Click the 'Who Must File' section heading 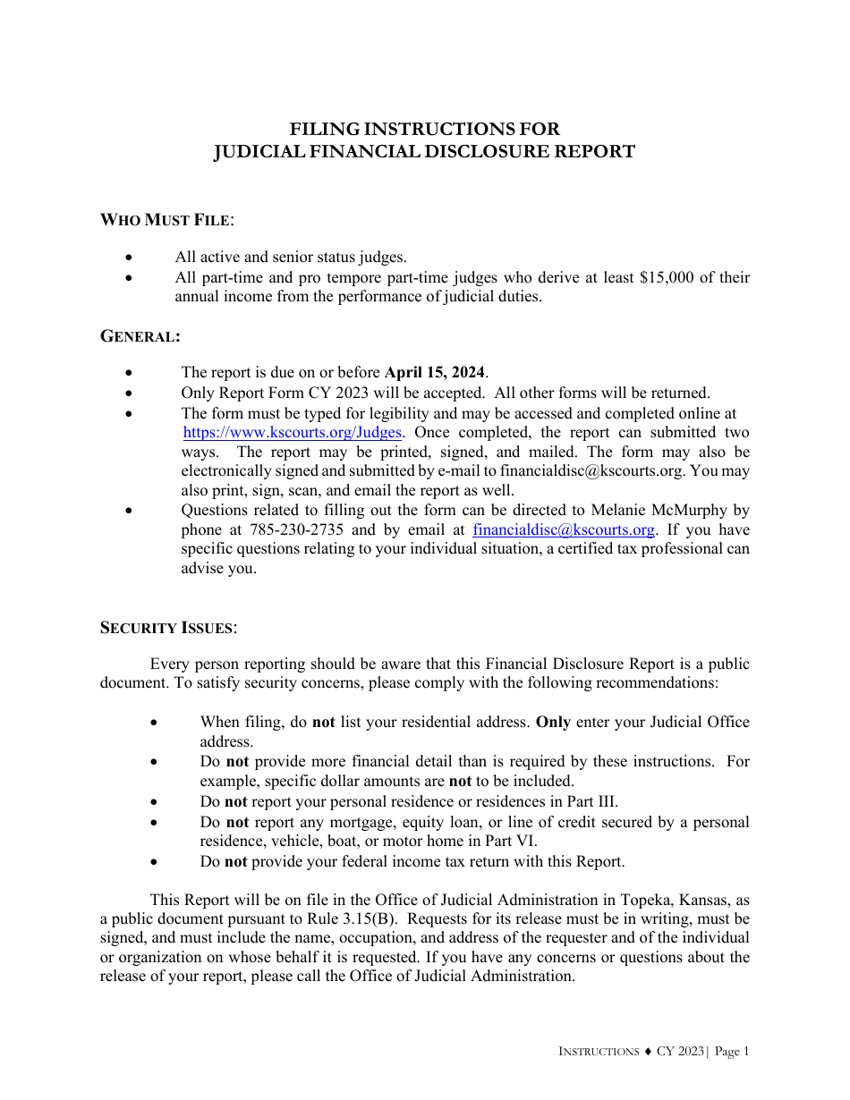[x=166, y=220]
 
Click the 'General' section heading [x=140, y=336]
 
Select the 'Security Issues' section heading [x=168, y=627]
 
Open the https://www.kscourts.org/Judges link [x=292, y=432]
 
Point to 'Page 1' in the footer [x=732, y=1052]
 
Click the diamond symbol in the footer [x=647, y=1052]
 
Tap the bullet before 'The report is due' [x=132, y=372]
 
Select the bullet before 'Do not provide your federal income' [x=155, y=862]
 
